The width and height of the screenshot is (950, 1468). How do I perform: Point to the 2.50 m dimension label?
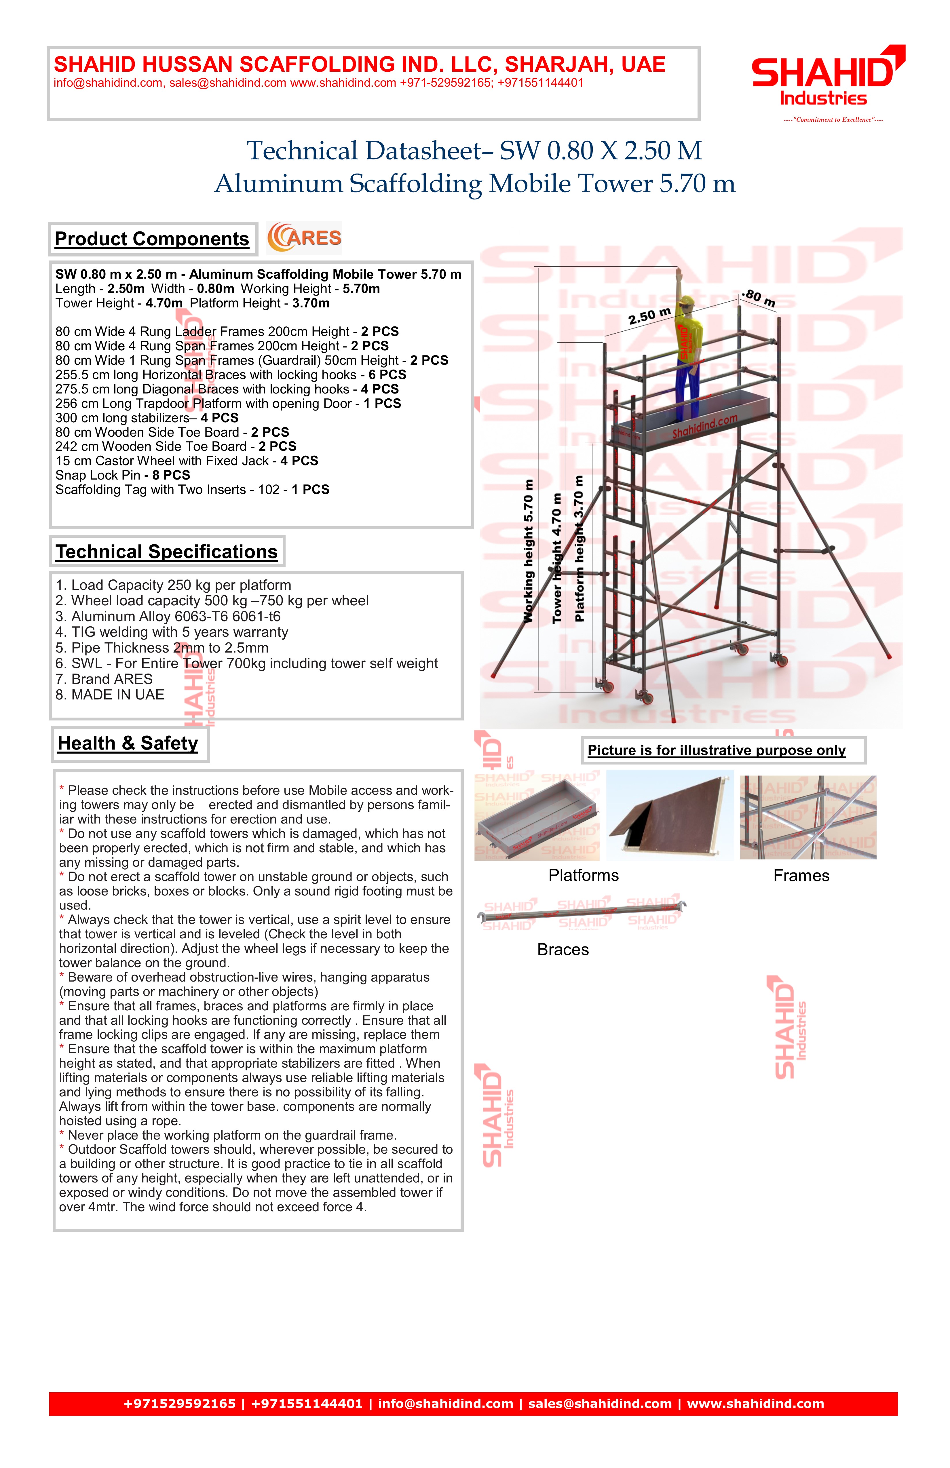point(649,316)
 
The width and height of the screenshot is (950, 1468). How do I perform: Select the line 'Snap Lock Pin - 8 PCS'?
point(123,475)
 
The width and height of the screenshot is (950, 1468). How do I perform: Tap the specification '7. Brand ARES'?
point(104,679)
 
